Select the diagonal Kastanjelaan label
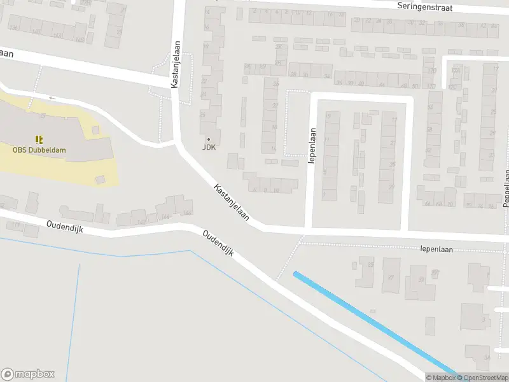232,203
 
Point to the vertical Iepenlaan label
312,146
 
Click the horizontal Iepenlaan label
440,250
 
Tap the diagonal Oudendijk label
218,243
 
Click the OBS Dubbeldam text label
39,150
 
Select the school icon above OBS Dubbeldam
39,139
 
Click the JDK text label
209,147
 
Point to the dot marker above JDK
209,139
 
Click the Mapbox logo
28,374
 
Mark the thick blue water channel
375,324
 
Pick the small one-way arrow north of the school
52,98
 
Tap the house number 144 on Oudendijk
165,216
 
